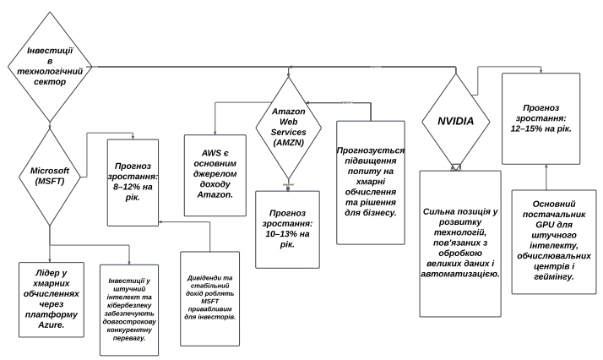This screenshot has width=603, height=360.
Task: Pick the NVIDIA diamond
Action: tap(454, 121)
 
